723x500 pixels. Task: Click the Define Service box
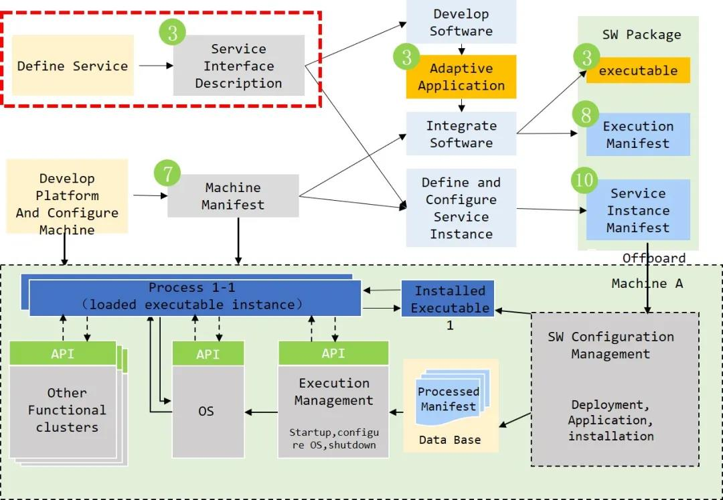[72, 66]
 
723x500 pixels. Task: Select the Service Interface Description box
[238, 66]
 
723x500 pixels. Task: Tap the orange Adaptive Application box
[461, 77]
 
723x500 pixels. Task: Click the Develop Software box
[461, 22]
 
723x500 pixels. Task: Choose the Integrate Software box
[461, 134]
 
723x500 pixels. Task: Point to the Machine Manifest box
[232, 196]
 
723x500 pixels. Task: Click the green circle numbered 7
[167, 173]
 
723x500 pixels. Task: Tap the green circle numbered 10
[585, 179]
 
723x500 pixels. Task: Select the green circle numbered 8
[586, 115]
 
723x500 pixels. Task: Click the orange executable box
[638, 70]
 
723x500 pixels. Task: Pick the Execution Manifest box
[638, 135]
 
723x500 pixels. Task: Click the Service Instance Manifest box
[638, 210]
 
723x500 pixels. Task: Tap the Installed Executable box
[449, 299]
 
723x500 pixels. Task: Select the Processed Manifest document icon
[448, 400]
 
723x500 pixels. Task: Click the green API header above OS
[208, 353]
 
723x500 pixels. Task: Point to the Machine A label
[647, 283]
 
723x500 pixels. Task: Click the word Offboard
[653, 258]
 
